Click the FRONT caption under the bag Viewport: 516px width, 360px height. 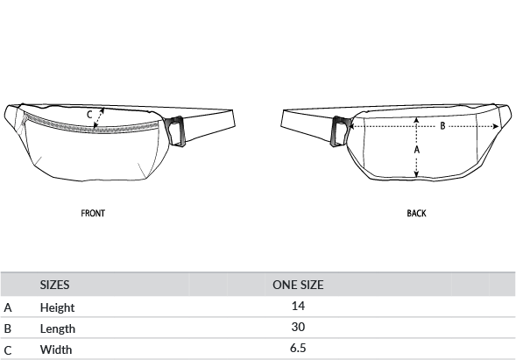[x=93, y=213]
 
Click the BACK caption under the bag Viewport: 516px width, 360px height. [x=417, y=213]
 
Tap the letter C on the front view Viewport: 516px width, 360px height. [x=89, y=115]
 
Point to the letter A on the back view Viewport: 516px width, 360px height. [x=417, y=150]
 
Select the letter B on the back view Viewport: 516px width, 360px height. [x=442, y=126]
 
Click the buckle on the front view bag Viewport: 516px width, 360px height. [x=176, y=131]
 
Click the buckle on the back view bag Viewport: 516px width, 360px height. [x=340, y=131]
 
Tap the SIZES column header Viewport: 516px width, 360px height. [x=54, y=285]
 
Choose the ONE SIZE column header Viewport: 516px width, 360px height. [x=298, y=285]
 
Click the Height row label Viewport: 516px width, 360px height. [x=57, y=307]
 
